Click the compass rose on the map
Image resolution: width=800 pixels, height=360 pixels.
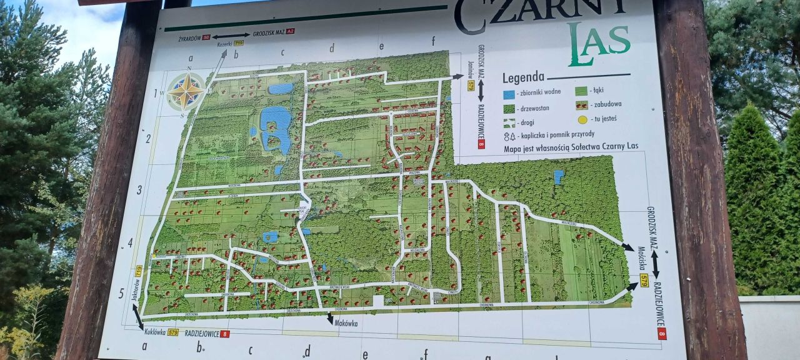pos(186,91)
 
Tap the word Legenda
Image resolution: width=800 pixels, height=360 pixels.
pos(523,77)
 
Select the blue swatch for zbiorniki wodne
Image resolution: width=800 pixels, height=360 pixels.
pos(509,94)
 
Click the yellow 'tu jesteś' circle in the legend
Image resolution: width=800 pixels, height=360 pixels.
pos(582,119)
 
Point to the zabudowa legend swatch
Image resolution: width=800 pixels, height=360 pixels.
pos(581,105)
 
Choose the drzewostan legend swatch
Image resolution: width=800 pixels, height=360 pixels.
pos(509,108)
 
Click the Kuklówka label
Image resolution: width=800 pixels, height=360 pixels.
pos(153,332)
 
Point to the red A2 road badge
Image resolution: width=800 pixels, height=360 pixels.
pos(290,31)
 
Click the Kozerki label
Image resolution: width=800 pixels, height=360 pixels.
pos(224,44)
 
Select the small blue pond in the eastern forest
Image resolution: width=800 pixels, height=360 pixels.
pos(558,177)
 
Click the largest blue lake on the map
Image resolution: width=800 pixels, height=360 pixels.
pos(276,126)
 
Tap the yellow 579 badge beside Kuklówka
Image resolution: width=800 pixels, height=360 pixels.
pos(173,332)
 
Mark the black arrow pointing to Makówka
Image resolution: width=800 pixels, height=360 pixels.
pos(330,318)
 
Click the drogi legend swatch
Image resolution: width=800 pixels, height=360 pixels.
pos(509,122)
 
